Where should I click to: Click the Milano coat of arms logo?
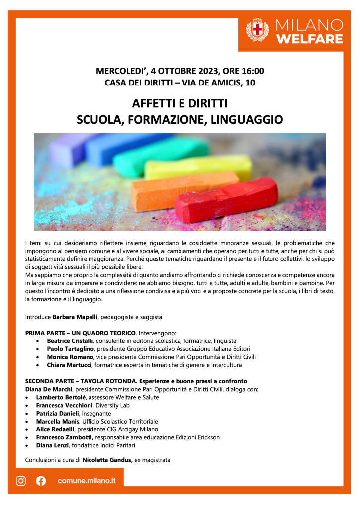pyautogui.click(x=258, y=30)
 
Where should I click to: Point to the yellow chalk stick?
pyautogui.click(x=199, y=167)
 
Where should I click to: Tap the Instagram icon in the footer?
pyautogui.click(x=21, y=481)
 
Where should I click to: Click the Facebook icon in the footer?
pyautogui.click(x=41, y=481)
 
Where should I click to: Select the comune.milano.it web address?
pyautogui.click(x=87, y=481)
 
